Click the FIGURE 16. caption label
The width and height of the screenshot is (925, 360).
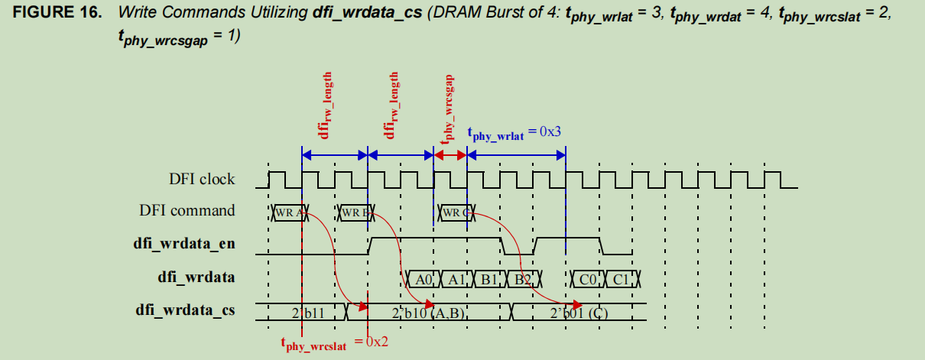(x=53, y=15)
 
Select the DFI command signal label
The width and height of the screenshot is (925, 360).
(x=187, y=210)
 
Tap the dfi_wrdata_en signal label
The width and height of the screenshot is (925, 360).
(x=184, y=244)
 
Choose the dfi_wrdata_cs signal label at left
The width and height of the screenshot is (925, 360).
(x=185, y=310)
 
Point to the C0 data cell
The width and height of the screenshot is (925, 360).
(x=588, y=279)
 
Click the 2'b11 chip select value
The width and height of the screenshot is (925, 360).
(x=307, y=313)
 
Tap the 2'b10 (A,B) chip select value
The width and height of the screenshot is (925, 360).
(x=428, y=313)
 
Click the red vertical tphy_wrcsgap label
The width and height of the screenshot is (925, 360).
(x=450, y=107)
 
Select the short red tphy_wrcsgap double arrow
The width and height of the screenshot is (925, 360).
(x=450, y=155)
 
